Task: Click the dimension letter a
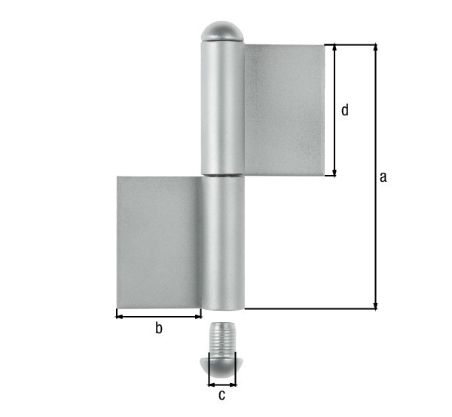tap(383, 177)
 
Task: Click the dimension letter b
tap(158, 327)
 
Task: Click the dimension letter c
tap(221, 394)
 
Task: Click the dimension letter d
tap(344, 110)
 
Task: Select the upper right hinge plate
tap(284, 109)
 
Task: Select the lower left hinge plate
tap(159, 241)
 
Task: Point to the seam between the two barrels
tap(223, 176)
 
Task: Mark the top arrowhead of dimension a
tap(375, 48)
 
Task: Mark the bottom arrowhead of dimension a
tap(375, 305)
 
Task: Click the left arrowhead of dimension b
tap(119, 316)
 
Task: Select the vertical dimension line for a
tap(375, 226)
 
